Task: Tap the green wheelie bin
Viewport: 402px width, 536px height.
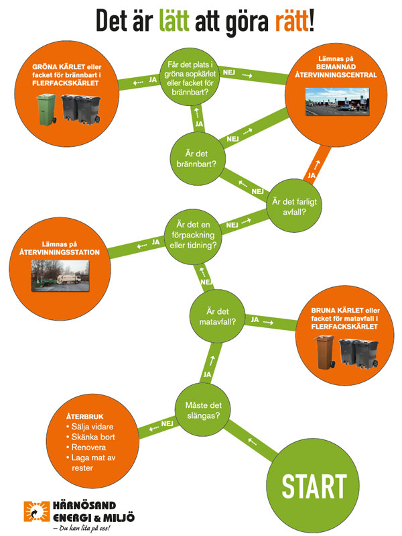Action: coord(47,109)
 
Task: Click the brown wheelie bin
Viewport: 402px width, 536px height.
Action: coord(326,354)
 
